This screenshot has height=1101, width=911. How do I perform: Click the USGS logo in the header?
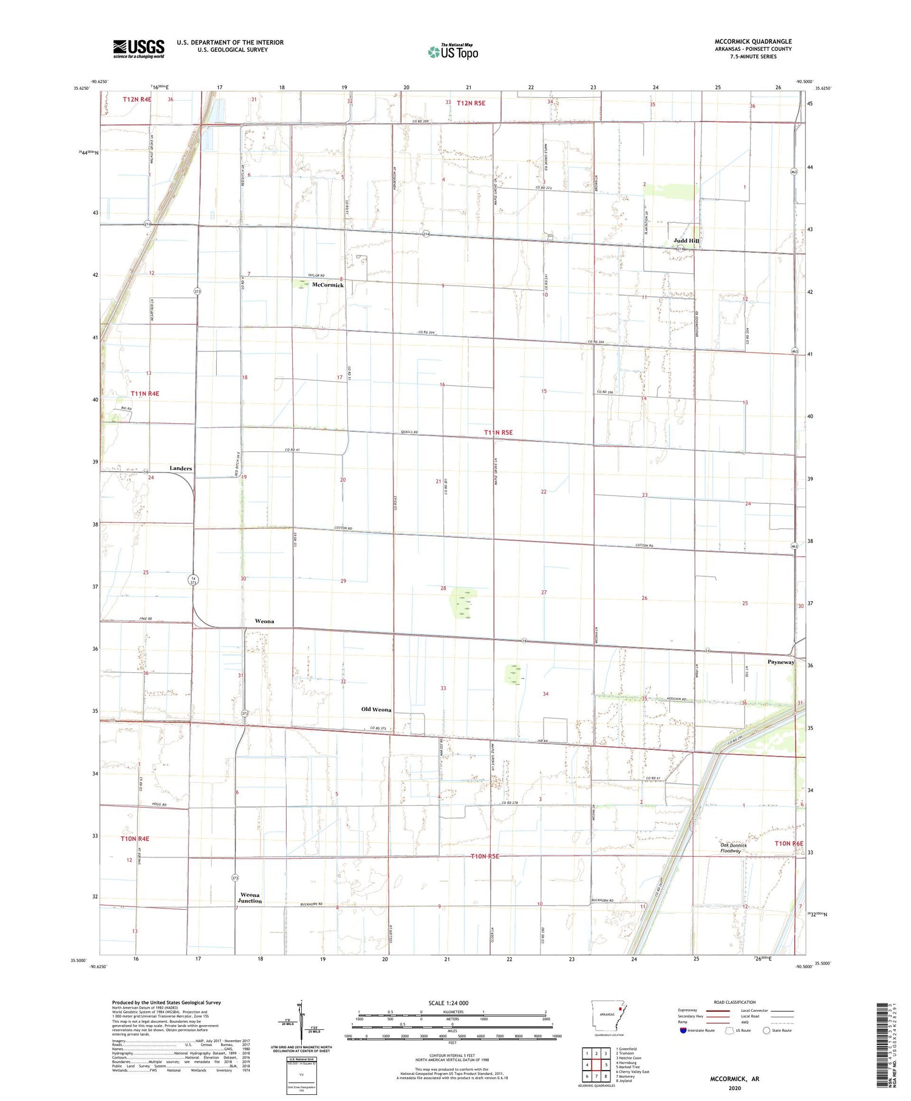(138, 49)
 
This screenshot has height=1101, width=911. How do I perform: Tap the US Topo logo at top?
(453, 52)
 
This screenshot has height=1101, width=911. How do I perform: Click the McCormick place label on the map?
(328, 285)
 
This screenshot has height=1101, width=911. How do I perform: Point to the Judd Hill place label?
(686, 241)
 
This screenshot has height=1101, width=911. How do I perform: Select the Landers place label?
(181, 468)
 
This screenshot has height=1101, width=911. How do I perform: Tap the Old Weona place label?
(377, 709)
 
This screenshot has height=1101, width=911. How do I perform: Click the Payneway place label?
(781, 662)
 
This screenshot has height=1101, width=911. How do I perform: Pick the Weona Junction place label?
(250, 898)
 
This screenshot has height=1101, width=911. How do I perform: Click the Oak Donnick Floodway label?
(733, 848)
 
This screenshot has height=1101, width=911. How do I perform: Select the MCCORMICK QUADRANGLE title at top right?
(753, 41)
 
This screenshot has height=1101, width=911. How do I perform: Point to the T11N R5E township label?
(498, 432)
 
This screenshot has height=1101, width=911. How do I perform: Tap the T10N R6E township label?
(789, 844)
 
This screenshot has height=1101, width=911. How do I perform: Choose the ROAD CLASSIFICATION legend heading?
(735, 1002)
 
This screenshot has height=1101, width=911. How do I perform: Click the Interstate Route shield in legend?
(683, 1031)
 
